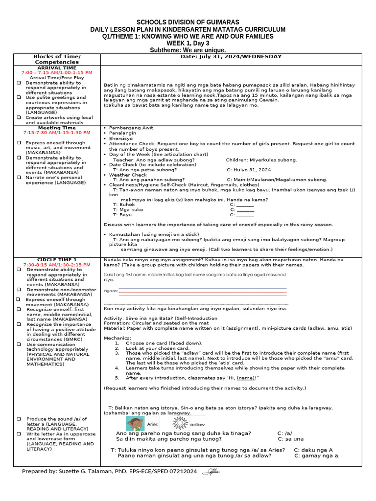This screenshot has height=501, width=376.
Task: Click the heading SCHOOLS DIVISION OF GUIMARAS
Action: pos(188,23)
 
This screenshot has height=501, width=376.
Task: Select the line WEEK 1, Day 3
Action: pos(188,44)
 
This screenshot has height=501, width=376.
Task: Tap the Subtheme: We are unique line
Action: pos(188,50)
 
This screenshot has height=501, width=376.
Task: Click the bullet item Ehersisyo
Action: pos(122,138)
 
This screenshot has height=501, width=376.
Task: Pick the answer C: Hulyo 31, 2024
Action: pos(249,170)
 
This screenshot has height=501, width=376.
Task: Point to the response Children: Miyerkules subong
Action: pos(261,160)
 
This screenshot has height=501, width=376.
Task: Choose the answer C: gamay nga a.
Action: pos(317,455)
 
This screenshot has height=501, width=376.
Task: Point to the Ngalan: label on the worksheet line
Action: pos(111,291)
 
